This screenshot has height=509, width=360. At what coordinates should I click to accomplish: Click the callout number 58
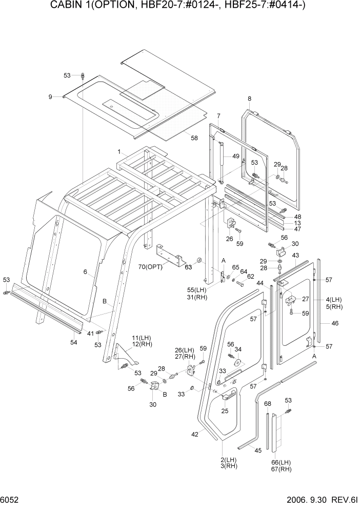tap(194, 138)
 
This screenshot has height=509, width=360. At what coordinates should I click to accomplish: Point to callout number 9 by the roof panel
tap(50, 96)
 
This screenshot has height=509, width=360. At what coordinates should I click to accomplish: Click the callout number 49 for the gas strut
tap(235, 156)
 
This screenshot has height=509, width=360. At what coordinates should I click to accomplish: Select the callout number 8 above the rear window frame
tap(249, 99)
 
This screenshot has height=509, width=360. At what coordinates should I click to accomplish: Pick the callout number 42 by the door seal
tap(194, 435)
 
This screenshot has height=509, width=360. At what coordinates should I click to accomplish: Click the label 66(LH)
tap(281, 462)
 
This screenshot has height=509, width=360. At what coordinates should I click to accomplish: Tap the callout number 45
tap(258, 450)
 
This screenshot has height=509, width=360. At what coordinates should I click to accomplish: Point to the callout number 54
tap(74, 342)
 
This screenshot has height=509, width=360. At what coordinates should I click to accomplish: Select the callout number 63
tap(189, 267)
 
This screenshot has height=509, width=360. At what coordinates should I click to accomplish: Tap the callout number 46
tap(335, 324)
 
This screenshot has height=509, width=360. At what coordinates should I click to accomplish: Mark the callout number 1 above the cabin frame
tap(119, 152)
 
